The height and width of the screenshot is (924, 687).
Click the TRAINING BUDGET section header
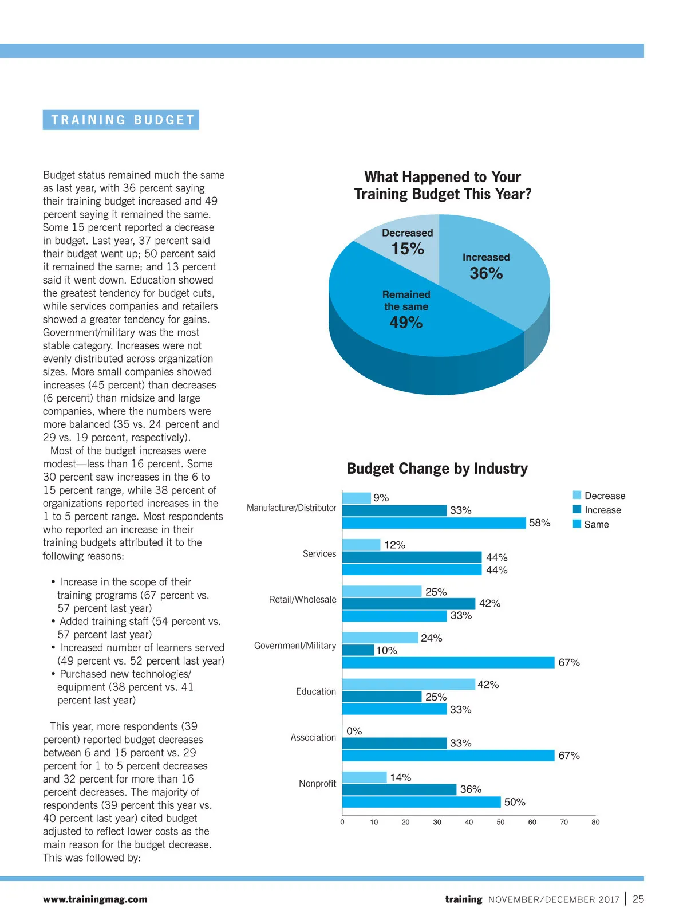(x=121, y=120)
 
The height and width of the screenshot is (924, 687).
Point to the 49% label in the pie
(x=406, y=323)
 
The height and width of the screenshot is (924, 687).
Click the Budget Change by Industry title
(x=437, y=469)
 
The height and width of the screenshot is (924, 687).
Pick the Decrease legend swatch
(x=577, y=496)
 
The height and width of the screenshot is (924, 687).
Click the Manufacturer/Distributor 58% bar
(x=434, y=523)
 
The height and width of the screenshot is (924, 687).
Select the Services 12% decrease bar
(x=361, y=545)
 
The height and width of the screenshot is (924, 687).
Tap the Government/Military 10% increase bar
(x=358, y=650)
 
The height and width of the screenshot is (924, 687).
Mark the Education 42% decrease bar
(x=409, y=684)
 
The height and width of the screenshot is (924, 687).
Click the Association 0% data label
(x=354, y=731)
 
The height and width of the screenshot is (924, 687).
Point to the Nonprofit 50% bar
(x=421, y=802)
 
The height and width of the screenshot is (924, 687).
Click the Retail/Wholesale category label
(x=303, y=600)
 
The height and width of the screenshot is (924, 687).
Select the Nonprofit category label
(x=317, y=783)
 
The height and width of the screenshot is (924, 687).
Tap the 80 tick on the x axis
(x=595, y=822)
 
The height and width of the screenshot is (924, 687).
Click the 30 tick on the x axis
(x=437, y=822)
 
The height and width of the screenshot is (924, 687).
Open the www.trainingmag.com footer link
(x=95, y=899)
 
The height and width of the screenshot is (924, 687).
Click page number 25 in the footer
(x=638, y=899)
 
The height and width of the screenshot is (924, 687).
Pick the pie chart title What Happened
(x=443, y=185)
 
